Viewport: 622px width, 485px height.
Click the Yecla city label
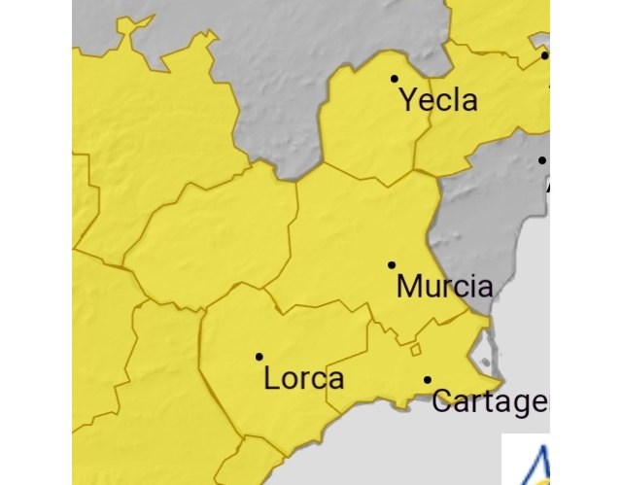[439, 99]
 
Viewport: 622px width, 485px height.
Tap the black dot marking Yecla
[395, 78]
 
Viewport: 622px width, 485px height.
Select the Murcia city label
[445, 287]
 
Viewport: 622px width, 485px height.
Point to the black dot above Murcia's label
[392, 264]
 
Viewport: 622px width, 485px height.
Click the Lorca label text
[303, 379]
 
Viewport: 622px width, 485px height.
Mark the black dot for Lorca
[259, 357]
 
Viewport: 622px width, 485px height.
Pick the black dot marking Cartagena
[428, 379]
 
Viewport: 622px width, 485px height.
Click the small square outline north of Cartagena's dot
[414, 349]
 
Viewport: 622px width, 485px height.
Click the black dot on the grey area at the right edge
[542, 160]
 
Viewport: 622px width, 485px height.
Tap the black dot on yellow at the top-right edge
[544, 55]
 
